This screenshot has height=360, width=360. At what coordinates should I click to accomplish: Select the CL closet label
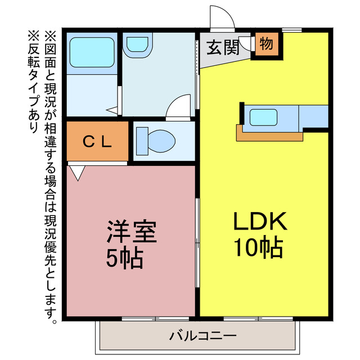[98, 141]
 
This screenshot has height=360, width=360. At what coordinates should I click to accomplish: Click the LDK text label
[260, 223]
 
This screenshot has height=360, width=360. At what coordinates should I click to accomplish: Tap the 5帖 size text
[125, 258]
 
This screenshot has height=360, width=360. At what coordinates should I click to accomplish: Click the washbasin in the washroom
[137, 45]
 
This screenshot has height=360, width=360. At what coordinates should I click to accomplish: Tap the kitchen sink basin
[263, 118]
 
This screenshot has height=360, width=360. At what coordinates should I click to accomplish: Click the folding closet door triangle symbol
[78, 172]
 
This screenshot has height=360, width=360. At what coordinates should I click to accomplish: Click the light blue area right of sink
[313, 116]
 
